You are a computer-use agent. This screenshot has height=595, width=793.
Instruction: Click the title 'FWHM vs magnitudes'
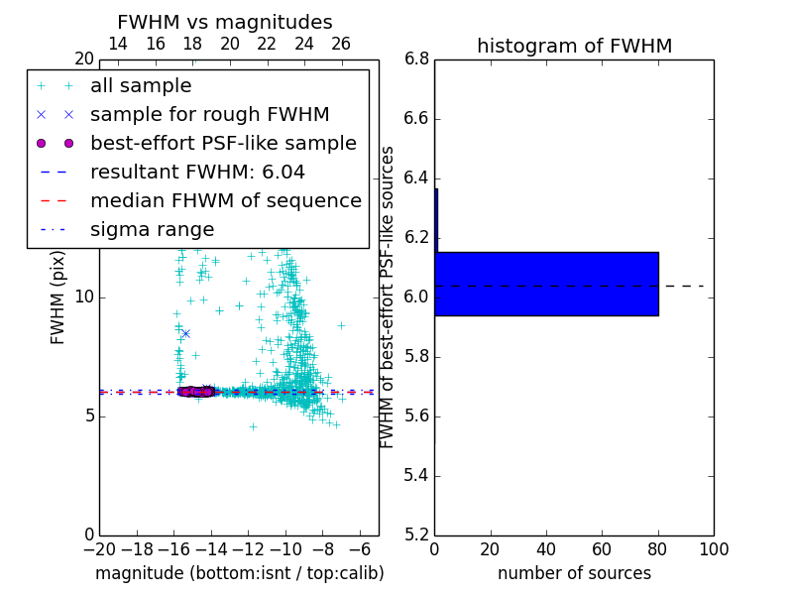[x=225, y=22]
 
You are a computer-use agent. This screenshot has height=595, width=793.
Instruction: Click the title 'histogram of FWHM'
[x=574, y=46]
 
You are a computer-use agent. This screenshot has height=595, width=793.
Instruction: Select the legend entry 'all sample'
[x=141, y=86]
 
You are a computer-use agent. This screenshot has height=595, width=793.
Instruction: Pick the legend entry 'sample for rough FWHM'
[x=209, y=114]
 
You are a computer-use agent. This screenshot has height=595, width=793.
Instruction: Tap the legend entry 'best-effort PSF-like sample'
[x=223, y=143]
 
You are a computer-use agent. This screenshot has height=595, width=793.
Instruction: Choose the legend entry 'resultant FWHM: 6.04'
[x=197, y=172]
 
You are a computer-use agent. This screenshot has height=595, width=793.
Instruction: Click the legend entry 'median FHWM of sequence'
[x=225, y=200]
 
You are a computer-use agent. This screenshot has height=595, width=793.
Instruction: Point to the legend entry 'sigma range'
[x=152, y=229]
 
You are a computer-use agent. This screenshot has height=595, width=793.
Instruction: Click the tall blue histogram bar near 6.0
[x=546, y=284]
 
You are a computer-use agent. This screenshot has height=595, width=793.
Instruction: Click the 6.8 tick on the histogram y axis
[x=417, y=59]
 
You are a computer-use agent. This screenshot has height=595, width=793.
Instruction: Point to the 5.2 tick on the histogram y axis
[x=417, y=535]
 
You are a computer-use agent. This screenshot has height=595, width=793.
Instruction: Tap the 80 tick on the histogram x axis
[x=657, y=548]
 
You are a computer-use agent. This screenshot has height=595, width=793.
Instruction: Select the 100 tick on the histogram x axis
[x=713, y=548]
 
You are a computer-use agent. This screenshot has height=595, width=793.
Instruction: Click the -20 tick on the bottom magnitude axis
[x=99, y=548]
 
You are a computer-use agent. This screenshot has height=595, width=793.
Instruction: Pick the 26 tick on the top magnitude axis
[x=341, y=44]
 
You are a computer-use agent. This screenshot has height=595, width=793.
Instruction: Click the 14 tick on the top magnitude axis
[x=117, y=44]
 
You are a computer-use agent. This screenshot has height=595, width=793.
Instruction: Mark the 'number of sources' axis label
[x=574, y=573]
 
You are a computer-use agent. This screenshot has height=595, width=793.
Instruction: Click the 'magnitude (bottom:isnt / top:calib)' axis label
[x=239, y=573]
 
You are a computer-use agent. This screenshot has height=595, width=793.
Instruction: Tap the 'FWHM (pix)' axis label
[x=58, y=297]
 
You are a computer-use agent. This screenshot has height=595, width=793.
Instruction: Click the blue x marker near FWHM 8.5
[x=185, y=333]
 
